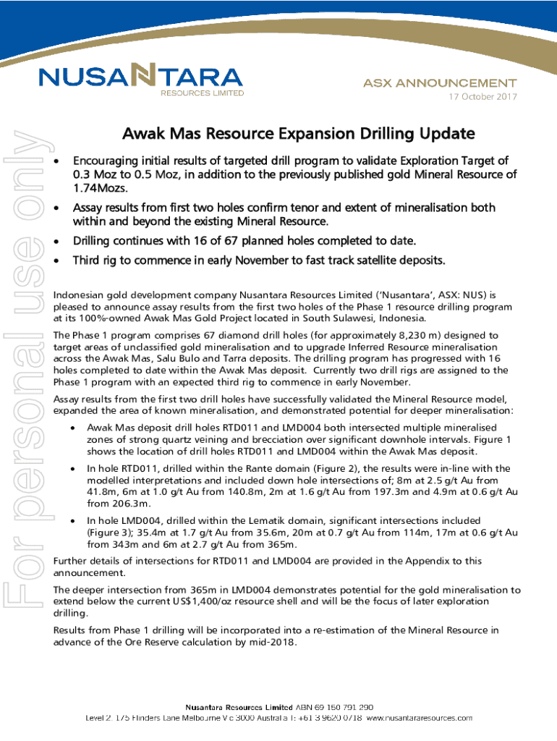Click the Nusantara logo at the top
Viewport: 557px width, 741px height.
click(x=140, y=77)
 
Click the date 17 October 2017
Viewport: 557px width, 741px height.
click(x=482, y=97)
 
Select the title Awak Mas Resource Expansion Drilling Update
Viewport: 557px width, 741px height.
click(x=298, y=134)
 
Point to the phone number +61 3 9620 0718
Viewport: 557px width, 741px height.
click(x=328, y=718)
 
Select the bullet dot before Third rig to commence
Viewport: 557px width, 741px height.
click(x=57, y=260)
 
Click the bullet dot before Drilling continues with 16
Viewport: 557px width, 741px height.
click(x=57, y=240)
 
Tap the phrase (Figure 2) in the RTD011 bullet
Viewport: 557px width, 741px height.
click(x=302, y=469)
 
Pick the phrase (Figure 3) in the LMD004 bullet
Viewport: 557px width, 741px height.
click(x=111, y=532)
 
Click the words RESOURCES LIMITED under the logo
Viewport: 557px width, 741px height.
click(x=202, y=93)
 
